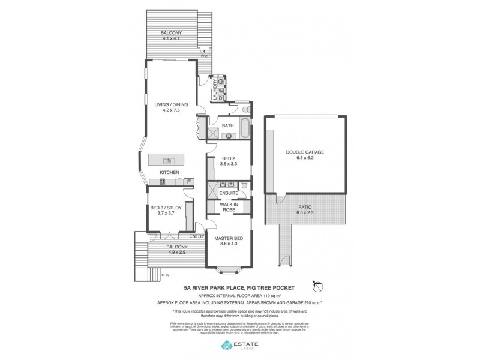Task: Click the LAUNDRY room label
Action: pos(213,90)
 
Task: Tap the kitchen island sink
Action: pos(169,160)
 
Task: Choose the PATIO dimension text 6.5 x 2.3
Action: pos(305,212)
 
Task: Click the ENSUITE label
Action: pos(229,193)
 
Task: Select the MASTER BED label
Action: pos(229,239)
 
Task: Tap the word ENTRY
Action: pos(196,236)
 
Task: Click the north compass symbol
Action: pos(317,286)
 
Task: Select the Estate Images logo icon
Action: pos(227,345)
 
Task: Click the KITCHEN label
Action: pos(169,173)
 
